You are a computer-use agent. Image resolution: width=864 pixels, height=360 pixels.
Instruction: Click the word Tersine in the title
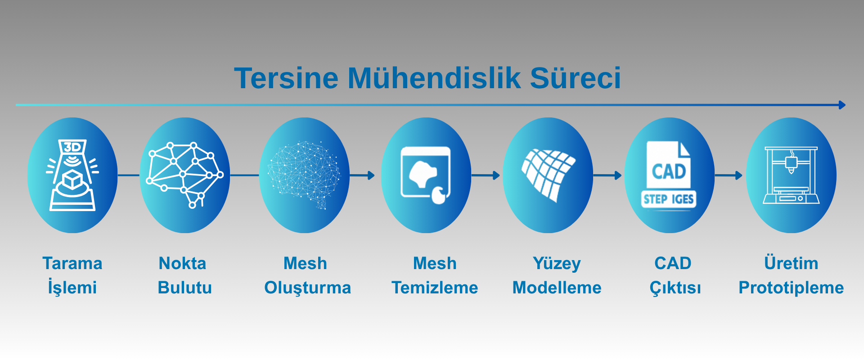[286, 78]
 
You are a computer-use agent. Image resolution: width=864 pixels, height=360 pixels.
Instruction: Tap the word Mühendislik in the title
[434, 78]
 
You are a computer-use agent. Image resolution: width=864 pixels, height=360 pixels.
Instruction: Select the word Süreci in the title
[576, 78]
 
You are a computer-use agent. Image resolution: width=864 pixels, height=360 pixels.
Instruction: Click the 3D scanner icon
[72, 175]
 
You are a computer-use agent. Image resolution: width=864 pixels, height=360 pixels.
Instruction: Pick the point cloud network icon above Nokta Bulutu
[185, 175]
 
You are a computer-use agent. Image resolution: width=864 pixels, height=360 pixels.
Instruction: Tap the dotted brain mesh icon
[304, 175]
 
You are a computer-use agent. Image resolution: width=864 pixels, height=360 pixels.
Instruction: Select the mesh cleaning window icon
[426, 175]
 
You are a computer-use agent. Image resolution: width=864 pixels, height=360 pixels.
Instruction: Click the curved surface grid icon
[548, 175]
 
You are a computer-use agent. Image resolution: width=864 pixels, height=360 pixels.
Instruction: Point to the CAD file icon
[669, 175]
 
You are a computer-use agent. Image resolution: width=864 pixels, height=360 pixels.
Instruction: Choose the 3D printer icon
[791, 175]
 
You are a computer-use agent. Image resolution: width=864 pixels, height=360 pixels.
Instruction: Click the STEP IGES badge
[669, 199]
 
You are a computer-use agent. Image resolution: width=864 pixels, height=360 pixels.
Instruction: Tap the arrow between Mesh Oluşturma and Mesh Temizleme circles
[362, 175]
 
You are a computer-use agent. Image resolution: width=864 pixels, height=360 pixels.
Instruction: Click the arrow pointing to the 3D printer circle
[729, 175]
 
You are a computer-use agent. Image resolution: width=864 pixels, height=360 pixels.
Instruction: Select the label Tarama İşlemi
[72, 275]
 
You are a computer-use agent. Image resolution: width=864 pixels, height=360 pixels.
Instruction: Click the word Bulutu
[185, 288]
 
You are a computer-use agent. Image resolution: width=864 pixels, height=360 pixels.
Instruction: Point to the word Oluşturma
[307, 288]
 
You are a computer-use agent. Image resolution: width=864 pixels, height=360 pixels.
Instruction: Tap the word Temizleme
[435, 288]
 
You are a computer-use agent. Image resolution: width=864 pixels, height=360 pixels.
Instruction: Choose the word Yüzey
[557, 264]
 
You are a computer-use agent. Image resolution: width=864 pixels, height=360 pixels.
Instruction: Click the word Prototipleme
[791, 288]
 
